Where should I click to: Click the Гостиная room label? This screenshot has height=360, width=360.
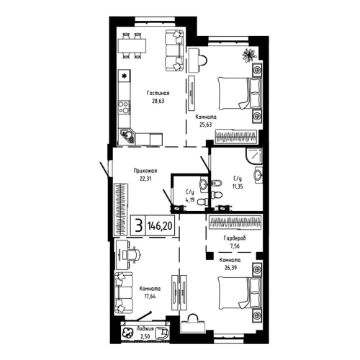point(158,93)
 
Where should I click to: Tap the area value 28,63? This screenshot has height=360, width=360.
point(158,102)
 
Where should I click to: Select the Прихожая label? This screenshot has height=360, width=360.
point(145,170)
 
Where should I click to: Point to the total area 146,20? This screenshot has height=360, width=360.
point(159,225)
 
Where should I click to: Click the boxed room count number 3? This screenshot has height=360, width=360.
point(137,225)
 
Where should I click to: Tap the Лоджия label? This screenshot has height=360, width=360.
point(147,329)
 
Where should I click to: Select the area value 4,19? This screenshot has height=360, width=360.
point(190,199)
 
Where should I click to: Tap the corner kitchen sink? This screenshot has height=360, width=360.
point(129,135)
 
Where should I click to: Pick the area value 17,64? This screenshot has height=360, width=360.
point(149,296)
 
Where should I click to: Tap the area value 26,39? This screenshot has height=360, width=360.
point(230,268)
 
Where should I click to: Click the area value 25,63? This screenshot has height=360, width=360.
point(206,125)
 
